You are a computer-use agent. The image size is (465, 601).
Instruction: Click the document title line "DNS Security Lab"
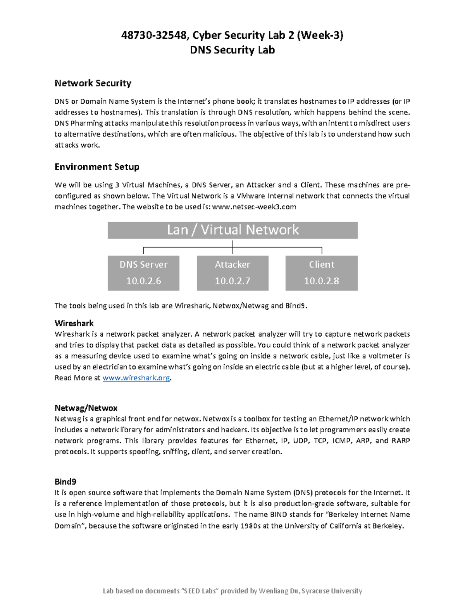click(x=232, y=50)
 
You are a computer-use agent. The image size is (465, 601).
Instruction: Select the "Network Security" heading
click(x=93, y=83)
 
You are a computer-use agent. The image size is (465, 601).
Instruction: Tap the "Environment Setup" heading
click(x=97, y=167)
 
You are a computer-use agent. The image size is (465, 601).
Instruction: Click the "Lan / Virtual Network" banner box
click(x=232, y=230)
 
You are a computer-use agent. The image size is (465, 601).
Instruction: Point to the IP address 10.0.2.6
click(x=143, y=281)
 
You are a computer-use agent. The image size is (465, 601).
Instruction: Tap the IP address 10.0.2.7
click(x=232, y=281)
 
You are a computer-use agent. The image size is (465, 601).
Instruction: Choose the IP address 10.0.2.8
click(x=321, y=281)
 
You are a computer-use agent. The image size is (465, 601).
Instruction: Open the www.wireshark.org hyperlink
click(x=136, y=378)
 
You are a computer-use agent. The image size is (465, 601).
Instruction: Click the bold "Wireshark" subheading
click(x=74, y=323)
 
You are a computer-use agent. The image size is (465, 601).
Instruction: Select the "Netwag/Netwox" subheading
click(x=86, y=408)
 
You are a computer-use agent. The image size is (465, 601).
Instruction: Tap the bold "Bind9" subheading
click(x=65, y=482)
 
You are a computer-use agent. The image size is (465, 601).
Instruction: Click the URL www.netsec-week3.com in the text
click(x=255, y=207)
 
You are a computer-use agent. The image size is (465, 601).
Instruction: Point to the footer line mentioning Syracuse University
click(x=232, y=591)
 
